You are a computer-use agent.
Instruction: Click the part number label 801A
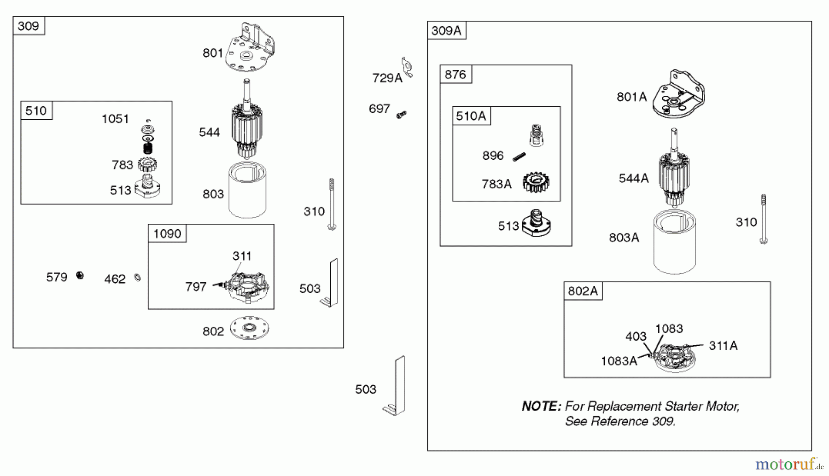(x=631, y=97)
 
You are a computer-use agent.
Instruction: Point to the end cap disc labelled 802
(x=249, y=328)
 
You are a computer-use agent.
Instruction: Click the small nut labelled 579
(x=80, y=275)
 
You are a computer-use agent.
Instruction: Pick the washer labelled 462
(x=137, y=277)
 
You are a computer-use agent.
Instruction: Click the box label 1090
(x=167, y=234)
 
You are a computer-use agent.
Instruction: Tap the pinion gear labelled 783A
(x=536, y=182)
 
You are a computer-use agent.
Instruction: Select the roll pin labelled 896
(x=519, y=157)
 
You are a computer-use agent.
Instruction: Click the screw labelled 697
(x=402, y=115)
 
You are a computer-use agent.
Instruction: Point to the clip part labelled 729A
(x=407, y=67)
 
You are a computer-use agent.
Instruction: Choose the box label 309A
(x=446, y=31)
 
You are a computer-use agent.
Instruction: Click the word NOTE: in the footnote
(x=541, y=406)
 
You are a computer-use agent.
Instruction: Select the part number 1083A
(x=619, y=361)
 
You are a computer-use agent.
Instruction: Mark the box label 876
(x=455, y=75)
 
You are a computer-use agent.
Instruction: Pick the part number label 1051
(x=115, y=119)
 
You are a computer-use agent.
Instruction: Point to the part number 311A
(x=723, y=346)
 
